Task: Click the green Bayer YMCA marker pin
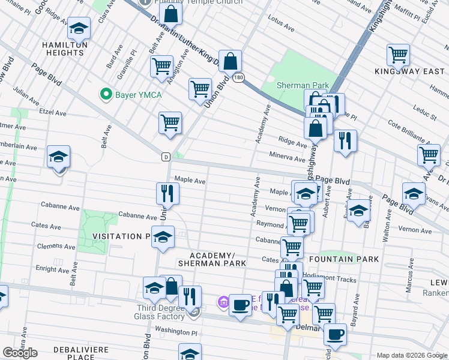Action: pyautogui.click(x=106, y=94)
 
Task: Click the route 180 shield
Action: pyautogui.click(x=238, y=77)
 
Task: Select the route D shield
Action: pyautogui.click(x=165, y=157)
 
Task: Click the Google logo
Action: pyautogui.click(x=20, y=353)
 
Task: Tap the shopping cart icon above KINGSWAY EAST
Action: pyautogui.click(x=398, y=55)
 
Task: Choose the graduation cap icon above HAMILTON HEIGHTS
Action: pyautogui.click(x=78, y=28)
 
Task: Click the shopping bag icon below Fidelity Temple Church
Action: pyautogui.click(x=170, y=13)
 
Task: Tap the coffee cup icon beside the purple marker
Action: pyautogui.click(x=241, y=304)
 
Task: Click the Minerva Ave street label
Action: pyautogui.click(x=292, y=158)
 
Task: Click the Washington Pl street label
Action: pyautogui.click(x=176, y=331)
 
